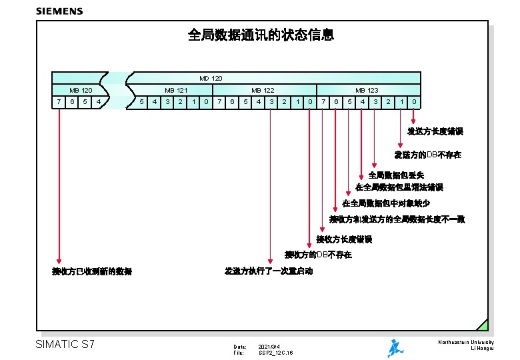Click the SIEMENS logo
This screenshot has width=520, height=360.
pyautogui.click(x=59, y=11)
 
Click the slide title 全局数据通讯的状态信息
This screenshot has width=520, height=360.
pyautogui.click(x=261, y=35)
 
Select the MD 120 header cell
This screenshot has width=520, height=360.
pyautogui.click(x=211, y=79)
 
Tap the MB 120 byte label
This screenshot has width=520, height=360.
pyautogui.click(x=81, y=90)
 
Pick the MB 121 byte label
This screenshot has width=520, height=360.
pyautogui.click(x=176, y=90)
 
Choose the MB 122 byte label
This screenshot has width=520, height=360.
pyautogui.click(x=263, y=90)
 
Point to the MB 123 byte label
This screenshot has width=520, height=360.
pyautogui.click(x=367, y=90)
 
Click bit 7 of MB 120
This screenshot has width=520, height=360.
pyautogui.click(x=59, y=102)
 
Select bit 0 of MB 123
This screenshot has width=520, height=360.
pyautogui.click(x=414, y=102)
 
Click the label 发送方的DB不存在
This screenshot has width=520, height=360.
pyautogui.click(x=427, y=155)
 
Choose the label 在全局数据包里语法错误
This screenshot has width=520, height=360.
pyautogui.click(x=399, y=187)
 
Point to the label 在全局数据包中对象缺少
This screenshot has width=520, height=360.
pyautogui.click(x=386, y=203)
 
